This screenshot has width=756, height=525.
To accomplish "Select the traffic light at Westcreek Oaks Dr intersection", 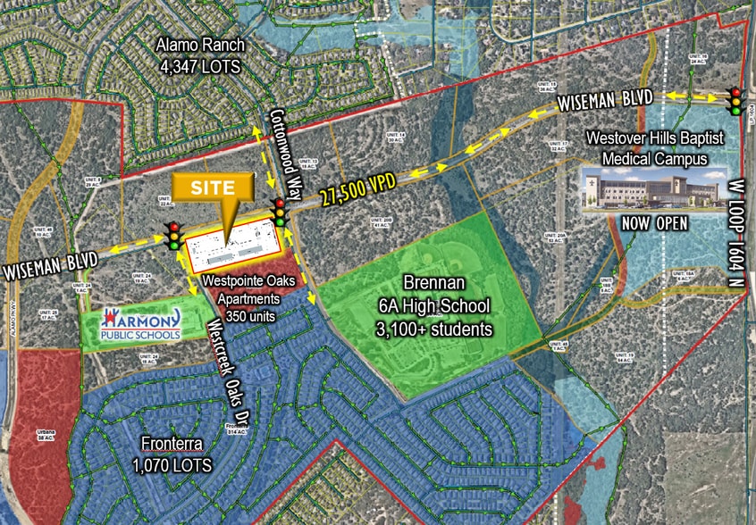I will coord(172,236).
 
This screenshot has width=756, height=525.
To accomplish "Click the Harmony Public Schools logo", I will coord(143,323).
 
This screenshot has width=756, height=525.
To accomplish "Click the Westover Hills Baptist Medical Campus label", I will coord(646,148).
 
